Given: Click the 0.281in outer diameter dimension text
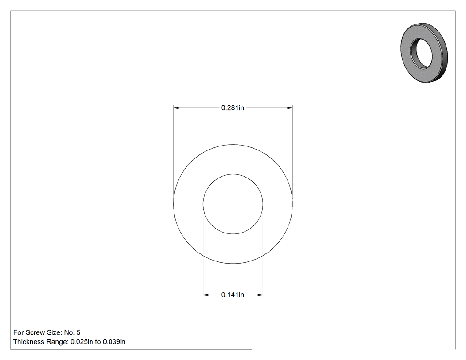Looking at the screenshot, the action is click(x=233, y=107).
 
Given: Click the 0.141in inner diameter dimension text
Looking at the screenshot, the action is click(x=233, y=295).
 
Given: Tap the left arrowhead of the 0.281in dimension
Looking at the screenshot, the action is click(x=176, y=107).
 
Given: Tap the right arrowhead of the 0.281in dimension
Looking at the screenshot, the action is click(x=290, y=107).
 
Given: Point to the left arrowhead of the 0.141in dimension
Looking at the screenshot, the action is click(x=205, y=295).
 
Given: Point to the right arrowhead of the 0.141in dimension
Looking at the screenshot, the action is click(x=261, y=295).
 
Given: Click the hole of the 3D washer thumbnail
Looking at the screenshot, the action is click(x=422, y=53).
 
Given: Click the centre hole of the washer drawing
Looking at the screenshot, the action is click(x=233, y=204).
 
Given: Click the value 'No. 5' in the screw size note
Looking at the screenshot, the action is click(x=72, y=332).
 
